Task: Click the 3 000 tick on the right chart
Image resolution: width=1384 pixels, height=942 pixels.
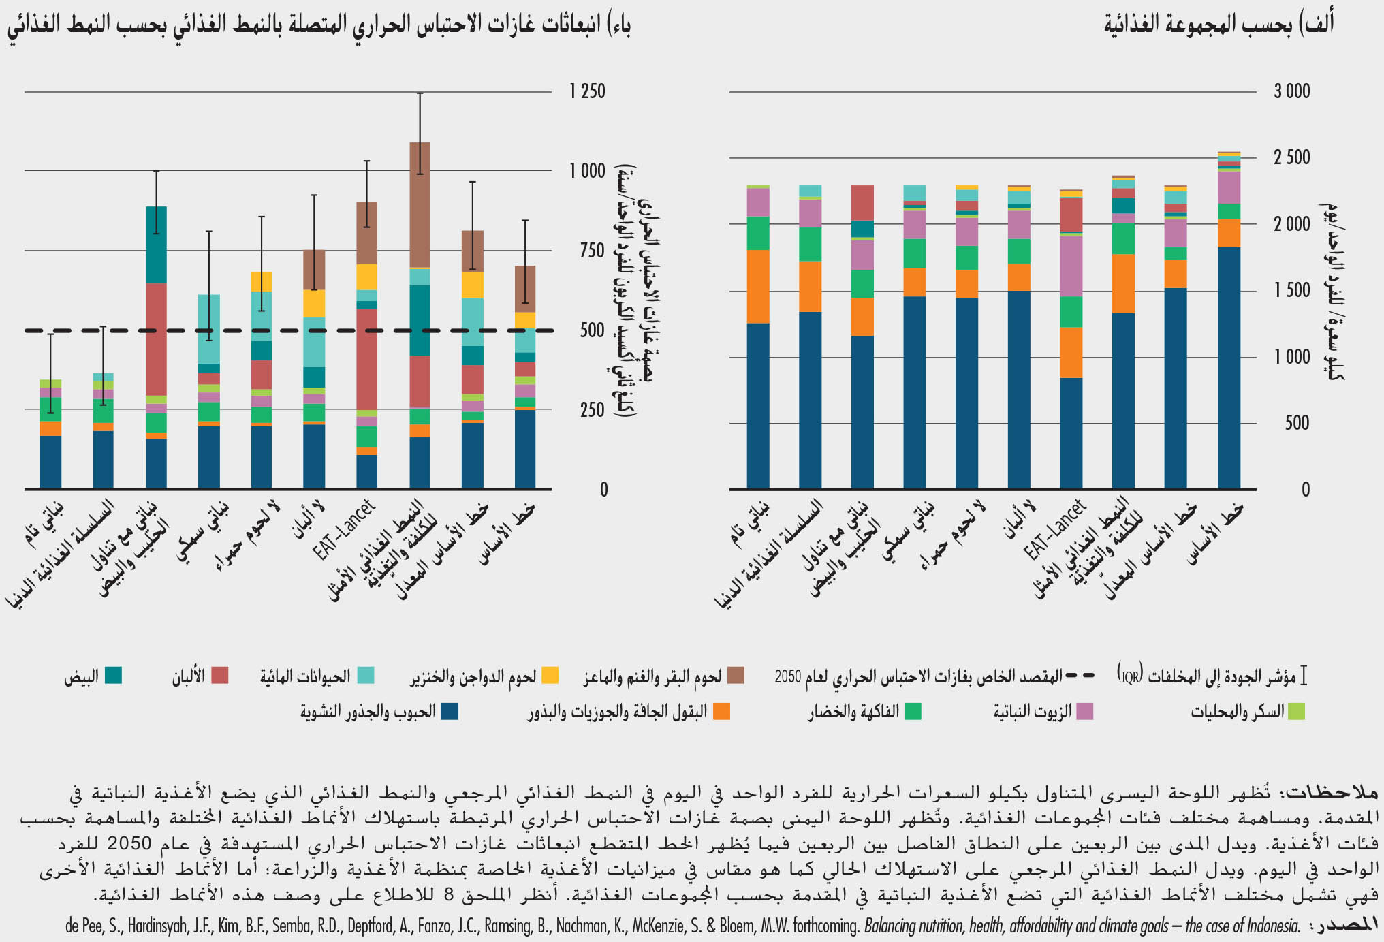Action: pos(1291,91)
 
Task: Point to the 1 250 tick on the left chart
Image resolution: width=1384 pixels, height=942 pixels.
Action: pos(587,91)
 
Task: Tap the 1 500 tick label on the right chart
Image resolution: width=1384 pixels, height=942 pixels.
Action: pos(1291,291)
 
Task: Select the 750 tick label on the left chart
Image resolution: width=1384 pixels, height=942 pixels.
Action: pos(587,251)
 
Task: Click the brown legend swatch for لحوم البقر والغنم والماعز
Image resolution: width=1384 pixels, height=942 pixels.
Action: pos(736,676)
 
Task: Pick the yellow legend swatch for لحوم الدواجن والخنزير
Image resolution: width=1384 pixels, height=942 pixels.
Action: pos(550,676)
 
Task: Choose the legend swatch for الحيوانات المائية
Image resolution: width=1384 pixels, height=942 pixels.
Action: pos(366,676)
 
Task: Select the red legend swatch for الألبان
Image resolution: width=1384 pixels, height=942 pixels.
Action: pos(219,676)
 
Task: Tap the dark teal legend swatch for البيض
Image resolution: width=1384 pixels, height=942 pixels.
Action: pos(113,676)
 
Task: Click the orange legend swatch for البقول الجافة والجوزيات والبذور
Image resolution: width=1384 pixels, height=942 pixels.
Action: pos(721,712)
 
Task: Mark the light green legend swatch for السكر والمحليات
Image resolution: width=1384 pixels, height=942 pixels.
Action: pos(1296,712)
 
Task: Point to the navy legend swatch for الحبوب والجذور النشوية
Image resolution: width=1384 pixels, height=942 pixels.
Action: pos(450,712)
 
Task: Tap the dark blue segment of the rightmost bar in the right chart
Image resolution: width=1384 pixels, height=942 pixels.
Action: pos(1229,368)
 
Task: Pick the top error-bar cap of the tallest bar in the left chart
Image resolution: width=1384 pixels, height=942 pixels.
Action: pos(420,93)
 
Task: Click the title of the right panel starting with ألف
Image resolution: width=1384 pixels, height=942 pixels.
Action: pos(1218,25)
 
